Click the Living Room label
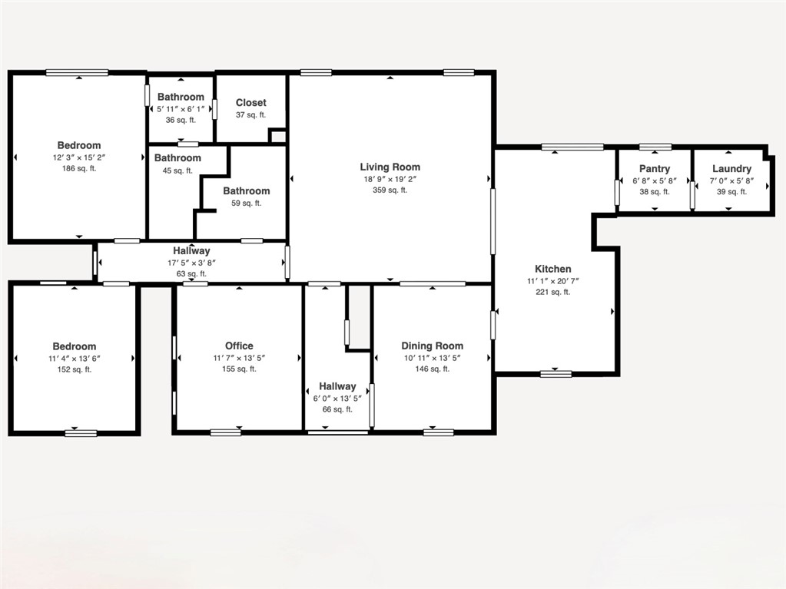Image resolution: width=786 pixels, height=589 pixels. pos(390,167)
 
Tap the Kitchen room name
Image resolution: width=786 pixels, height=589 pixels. pos(553,269)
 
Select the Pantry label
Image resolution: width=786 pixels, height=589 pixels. pos(655,169)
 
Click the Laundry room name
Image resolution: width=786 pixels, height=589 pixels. pos(731,169)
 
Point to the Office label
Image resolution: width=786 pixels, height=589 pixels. pos(239,346)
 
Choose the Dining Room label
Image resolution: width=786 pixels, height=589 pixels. pos(433,346)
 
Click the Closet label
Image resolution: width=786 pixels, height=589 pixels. pos(251,102)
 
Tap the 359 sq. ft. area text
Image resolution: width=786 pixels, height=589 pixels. pos(390,190)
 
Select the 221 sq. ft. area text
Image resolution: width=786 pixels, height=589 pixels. pos(553,292)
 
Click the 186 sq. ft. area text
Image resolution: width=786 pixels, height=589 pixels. pos(79,168)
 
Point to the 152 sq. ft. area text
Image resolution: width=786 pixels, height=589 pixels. pos(75,369)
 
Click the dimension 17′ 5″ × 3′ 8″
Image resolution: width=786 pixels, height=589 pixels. pos(191,263)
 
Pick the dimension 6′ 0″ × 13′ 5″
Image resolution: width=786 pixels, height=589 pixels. pos(337,399)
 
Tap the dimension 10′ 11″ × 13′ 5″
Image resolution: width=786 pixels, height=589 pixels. pos(433,358)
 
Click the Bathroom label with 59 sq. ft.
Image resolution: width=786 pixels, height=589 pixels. pos(247,191)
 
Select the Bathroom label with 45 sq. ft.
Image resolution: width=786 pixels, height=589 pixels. pos(177,158)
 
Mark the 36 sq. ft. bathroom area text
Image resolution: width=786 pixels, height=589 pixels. pos(181,120)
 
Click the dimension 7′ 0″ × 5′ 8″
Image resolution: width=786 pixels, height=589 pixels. pos(731,181)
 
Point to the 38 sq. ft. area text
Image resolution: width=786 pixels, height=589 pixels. pos(655,192)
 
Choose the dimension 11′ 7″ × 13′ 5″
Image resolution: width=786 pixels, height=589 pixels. pos(239,358)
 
